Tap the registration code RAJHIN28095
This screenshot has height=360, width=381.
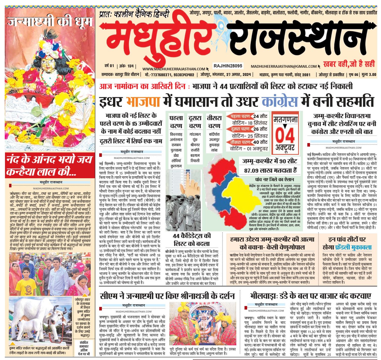[x=228, y=66]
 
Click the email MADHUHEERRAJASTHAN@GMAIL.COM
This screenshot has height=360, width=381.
[x=284, y=67]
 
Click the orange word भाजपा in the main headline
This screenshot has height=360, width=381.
[x=143, y=102]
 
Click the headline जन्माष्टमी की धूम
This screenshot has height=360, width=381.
[x=50, y=22]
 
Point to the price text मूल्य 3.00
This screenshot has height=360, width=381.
[x=369, y=75]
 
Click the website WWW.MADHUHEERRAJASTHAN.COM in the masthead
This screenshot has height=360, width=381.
[x=174, y=69]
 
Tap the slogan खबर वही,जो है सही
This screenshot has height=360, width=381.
[x=349, y=64]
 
